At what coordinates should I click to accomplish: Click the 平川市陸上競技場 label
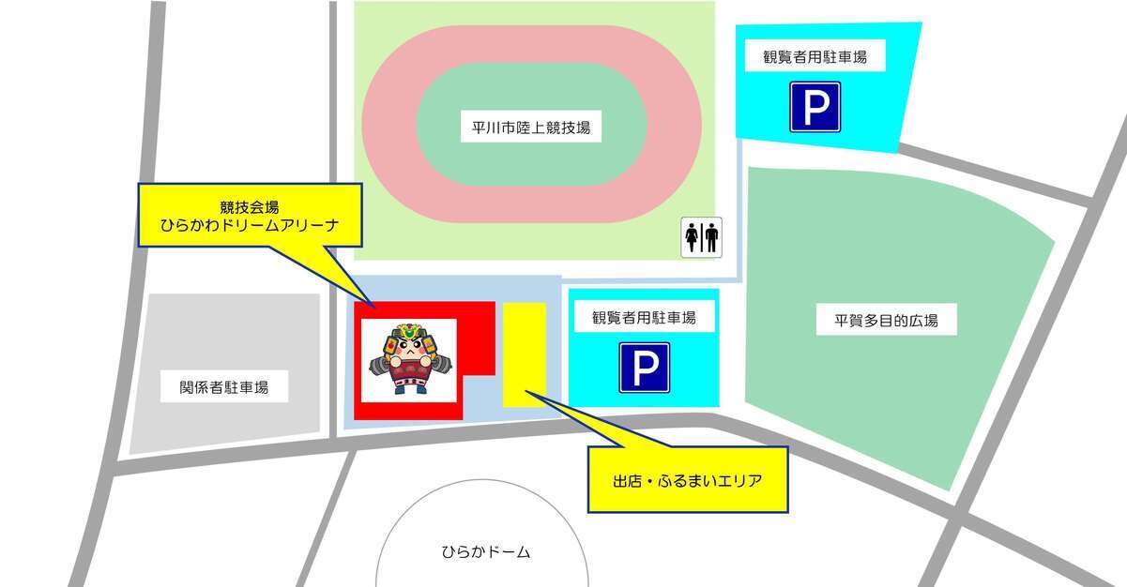click(x=531, y=128)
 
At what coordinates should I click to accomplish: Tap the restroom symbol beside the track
click(x=701, y=237)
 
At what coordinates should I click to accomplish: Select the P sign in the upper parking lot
click(x=815, y=107)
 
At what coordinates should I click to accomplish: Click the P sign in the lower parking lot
click(x=644, y=367)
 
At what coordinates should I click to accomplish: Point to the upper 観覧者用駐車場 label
click(x=815, y=57)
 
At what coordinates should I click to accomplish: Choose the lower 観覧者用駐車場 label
click(x=644, y=318)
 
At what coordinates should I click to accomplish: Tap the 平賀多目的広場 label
click(x=887, y=321)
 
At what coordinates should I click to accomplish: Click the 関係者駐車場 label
click(x=224, y=385)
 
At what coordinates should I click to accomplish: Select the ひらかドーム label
click(x=485, y=551)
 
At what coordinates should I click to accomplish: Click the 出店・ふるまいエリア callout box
click(x=687, y=480)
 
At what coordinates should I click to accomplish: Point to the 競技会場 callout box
click(x=250, y=215)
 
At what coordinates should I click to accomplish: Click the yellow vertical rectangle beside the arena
click(x=525, y=354)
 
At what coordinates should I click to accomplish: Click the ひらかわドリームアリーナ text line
click(x=250, y=225)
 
